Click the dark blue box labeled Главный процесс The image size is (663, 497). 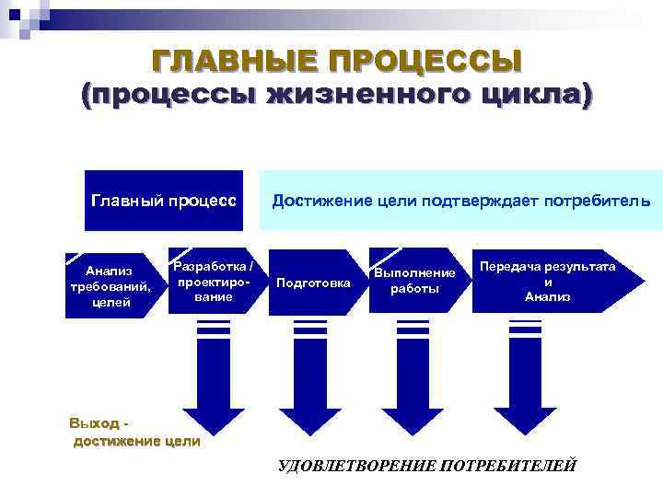(164, 200)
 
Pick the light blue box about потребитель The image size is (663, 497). (460, 200)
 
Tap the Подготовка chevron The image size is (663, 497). (314, 283)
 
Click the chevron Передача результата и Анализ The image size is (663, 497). (549, 281)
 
